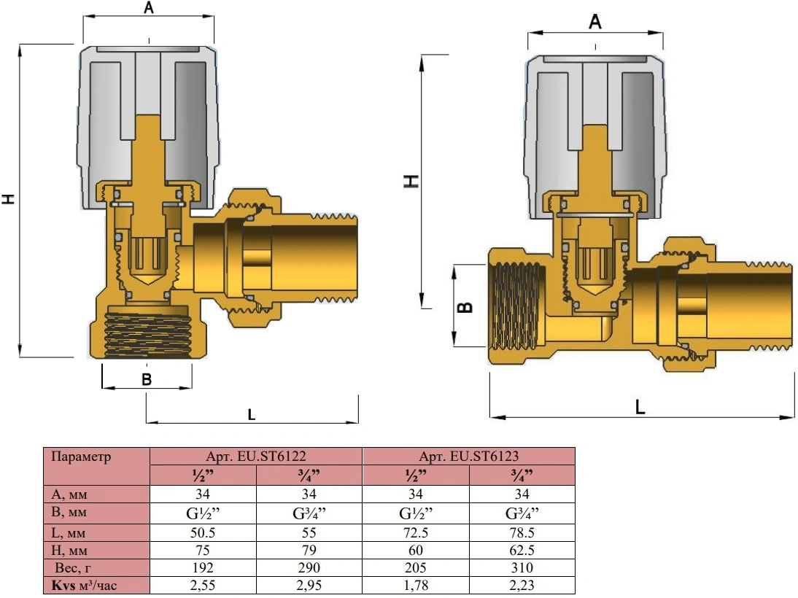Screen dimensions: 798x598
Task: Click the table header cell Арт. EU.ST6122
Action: tap(256, 456)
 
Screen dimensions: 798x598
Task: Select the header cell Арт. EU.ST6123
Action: tap(469, 456)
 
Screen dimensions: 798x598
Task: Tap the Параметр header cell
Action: tap(97, 466)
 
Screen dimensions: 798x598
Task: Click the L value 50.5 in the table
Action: tap(203, 533)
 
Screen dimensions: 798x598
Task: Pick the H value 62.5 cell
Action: tap(522, 550)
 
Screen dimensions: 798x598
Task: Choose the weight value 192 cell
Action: tap(203, 567)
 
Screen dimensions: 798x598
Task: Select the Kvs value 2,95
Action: tap(309, 585)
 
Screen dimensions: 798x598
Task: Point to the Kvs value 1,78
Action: tap(415, 585)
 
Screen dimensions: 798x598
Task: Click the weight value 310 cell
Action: tap(522, 567)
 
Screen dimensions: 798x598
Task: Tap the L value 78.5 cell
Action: tap(522, 533)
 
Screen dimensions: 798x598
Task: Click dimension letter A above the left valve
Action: tap(149, 7)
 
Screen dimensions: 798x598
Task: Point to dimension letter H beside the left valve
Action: tap(7, 199)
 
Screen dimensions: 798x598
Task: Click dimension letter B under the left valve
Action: tap(147, 380)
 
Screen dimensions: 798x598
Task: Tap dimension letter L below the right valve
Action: tap(640, 407)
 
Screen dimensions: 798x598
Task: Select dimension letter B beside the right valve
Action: tap(465, 308)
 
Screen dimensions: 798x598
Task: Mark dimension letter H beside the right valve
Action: tap(411, 181)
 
